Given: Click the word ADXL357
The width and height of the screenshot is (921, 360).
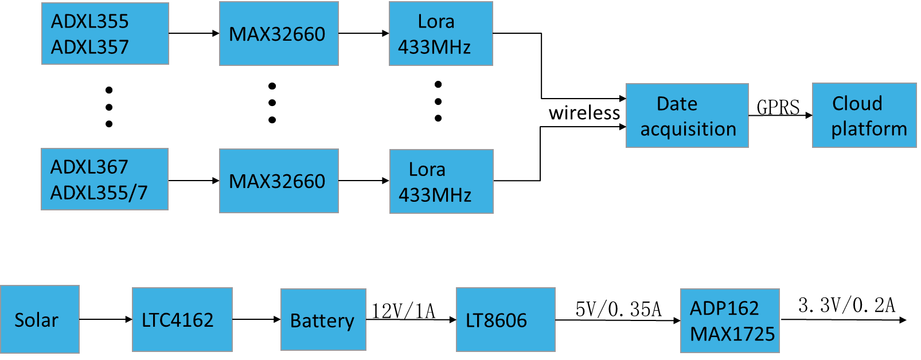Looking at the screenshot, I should click(x=90, y=47).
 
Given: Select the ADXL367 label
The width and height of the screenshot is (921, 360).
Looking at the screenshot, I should click(x=89, y=167).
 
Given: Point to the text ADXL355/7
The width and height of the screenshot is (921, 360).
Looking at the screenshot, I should click(x=99, y=193).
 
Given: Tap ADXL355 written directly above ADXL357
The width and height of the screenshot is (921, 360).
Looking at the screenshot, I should click(x=90, y=22).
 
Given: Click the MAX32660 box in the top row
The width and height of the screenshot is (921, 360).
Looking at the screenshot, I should click(x=279, y=34).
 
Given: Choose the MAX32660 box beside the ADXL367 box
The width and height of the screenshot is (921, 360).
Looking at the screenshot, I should click(x=279, y=181).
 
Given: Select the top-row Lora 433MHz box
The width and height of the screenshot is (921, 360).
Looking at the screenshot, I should click(x=440, y=34).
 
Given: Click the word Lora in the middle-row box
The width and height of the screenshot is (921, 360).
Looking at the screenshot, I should click(x=427, y=170).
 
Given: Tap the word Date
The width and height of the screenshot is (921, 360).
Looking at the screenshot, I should click(x=677, y=104).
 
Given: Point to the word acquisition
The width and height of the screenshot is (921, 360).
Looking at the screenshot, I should click(x=688, y=130).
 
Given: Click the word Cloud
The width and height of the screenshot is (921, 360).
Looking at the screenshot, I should click(x=857, y=104).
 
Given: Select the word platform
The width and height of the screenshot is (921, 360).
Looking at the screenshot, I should click(x=869, y=129).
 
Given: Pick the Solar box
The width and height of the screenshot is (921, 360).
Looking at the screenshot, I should click(x=40, y=319).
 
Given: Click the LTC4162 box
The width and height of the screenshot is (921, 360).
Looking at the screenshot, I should click(x=182, y=319).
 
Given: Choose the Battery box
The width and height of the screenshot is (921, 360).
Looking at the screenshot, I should click(x=323, y=320).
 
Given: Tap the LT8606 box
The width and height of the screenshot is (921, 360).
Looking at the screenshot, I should click(x=505, y=320).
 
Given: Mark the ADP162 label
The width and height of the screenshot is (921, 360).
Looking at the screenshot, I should click(x=724, y=308).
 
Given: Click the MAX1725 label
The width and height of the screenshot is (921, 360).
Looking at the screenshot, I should click(x=732, y=334).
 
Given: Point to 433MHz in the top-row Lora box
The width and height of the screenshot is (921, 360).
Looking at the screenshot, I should click(x=434, y=47).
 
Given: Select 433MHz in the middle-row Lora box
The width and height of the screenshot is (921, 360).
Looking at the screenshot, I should click(x=435, y=195).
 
